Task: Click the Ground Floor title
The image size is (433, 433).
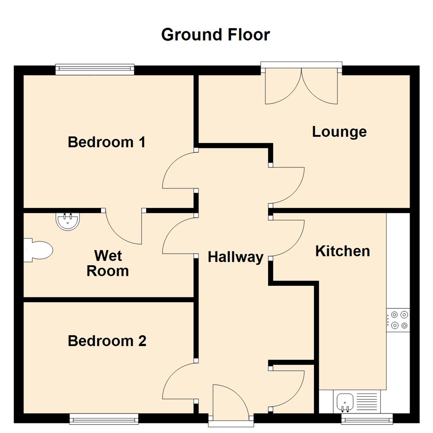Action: [x=215, y=35]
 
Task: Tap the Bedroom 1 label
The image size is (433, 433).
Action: [x=106, y=142]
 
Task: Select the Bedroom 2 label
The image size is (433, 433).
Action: [x=107, y=341]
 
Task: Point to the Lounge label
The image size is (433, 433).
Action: [x=339, y=132]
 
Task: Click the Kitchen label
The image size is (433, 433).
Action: [x=342, y=251]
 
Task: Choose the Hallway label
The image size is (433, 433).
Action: [x=235, y=257]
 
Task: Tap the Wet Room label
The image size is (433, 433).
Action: [x=107, y=263]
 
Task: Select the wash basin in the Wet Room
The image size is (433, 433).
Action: [x=68, y=221]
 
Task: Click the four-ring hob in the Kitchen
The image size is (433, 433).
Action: [x=398, y=320]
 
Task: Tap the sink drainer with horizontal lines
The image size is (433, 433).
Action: [x=366, y=401]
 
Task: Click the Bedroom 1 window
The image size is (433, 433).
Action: [x=95, y=70]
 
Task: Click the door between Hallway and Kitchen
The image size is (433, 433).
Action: [x=287, y=237]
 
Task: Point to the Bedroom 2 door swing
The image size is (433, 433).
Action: [x=178, y=381]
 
